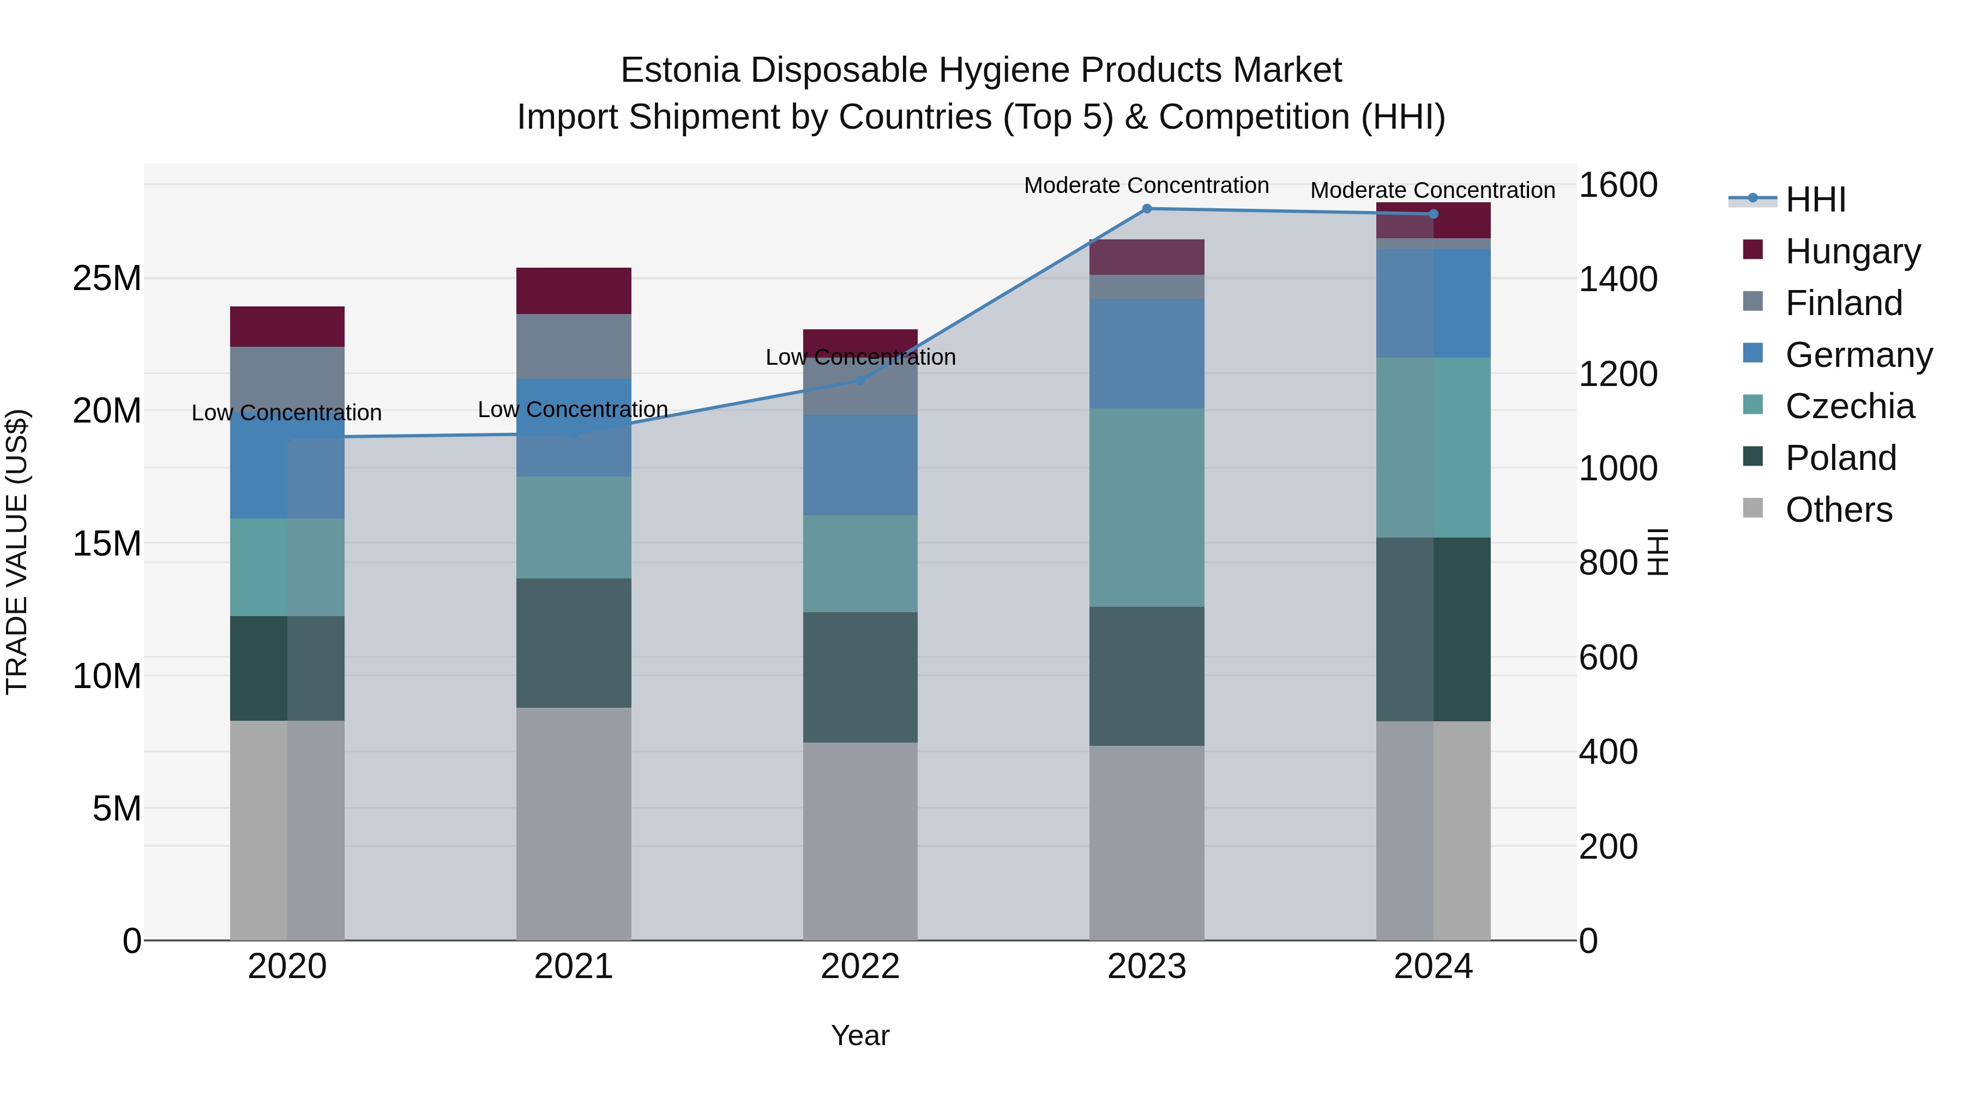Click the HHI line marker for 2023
[1146, 208]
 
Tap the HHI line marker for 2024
[1432, 214]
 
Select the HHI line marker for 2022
[860, 379]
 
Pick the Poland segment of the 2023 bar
[1146, 676]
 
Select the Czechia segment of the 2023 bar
[1146, 508]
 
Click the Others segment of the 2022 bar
[860, 841]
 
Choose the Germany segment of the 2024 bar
[1432, 303]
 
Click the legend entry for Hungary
[1852, 251]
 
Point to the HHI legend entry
[1815, 200]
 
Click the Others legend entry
[1838, 510]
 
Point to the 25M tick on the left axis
[107, 279]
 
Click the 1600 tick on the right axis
[1617, 185]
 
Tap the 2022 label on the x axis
[860, 967]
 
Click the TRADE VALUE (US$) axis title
[17, 552]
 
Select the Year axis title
[860, 1035]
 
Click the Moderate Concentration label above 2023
[1146, 185]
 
